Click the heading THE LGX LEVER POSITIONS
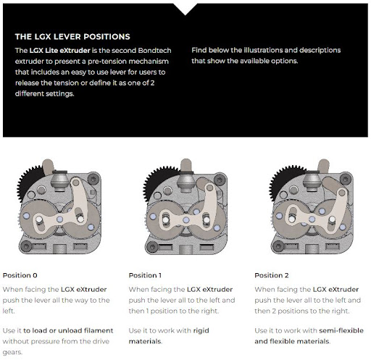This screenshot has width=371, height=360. (72, 37)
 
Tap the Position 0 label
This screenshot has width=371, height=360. (20, 275)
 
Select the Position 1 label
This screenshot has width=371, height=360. (145, 275)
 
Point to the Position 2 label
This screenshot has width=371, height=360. (272, 275)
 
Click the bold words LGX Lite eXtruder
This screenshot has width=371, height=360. (59, 51)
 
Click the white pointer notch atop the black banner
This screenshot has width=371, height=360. (185, 9)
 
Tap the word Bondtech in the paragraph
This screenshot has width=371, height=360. (154, 51)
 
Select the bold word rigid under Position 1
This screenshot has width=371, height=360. (201, 331)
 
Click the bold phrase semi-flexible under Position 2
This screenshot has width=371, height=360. (341, 330)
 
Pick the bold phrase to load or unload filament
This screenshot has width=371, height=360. (68, 330)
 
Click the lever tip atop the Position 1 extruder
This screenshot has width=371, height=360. (186, 164)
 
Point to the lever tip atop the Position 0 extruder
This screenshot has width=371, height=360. (48, 166)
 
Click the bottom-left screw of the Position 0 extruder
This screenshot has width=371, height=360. (26, 246)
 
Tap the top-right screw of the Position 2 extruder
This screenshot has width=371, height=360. (346, 179)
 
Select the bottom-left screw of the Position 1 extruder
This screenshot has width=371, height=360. (152, 247)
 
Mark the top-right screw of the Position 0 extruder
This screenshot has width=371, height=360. (93, 179)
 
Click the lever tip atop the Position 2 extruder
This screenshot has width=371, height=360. (323, 166)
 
